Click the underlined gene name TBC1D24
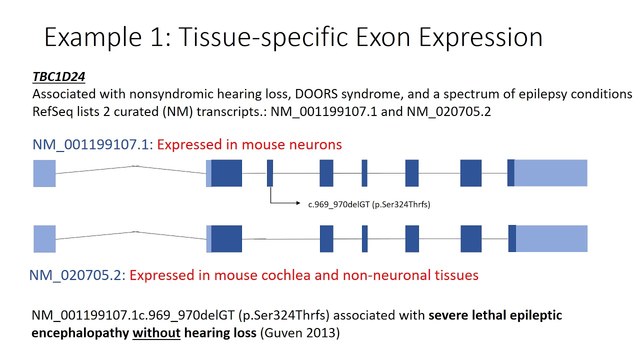[58, 77]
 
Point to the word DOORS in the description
[277, 94]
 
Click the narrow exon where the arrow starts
[270, 173]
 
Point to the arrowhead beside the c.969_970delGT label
[298, 203]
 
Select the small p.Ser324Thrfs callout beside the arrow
[401, 204]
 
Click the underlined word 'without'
[156, 333]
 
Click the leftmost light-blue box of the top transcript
[44, 173]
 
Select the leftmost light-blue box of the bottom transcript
[44, 239]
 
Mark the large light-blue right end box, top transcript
[550, 173]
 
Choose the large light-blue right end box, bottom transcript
[551, 238]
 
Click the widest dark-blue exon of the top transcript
[226, 173]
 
